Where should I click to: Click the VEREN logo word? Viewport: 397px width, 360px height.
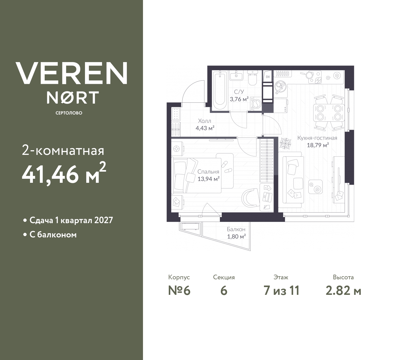pyautogui.click(x=71, y=73)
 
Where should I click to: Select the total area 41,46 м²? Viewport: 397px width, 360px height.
pyautogui.click(x=64, y=174)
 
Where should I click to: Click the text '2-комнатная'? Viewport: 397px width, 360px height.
pyautogui.click(x=63, y=151)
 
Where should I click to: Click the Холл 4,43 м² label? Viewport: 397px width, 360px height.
pyautogui.click(x=205, y=124)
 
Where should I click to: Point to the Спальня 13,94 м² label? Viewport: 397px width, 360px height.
pyautogui.click(x=208, y=175)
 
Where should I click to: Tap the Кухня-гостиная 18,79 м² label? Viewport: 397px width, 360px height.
pyautogui.click(x=317, y=142)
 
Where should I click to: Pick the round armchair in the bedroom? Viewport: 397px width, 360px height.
pyautogui.click(x=250, y=198)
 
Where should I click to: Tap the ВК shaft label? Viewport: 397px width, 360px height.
pyautogui.click(x=268, y=76)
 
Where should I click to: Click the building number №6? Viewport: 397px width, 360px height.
pyautogui.click(x=179, y=290)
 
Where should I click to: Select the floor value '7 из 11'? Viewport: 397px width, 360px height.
pyautogui.click(x=281, y=290)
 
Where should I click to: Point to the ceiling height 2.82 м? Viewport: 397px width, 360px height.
pyautogui.click(x=343, y=290)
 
